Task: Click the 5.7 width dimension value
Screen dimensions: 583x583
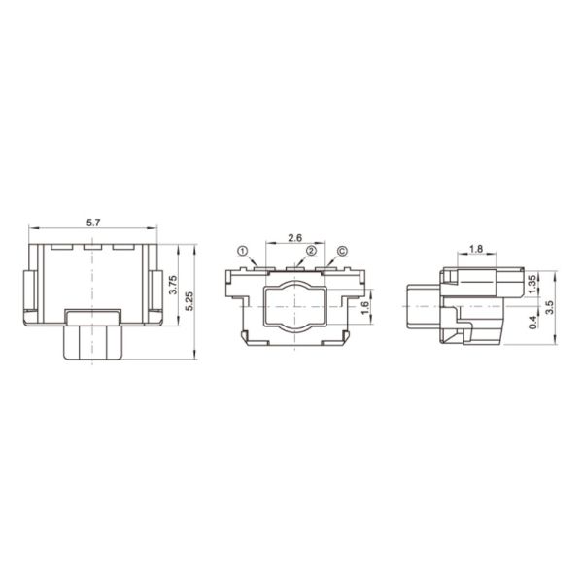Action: (93, 223)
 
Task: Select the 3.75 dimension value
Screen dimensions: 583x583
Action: (173, 285)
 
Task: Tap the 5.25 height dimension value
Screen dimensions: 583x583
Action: (189, 301)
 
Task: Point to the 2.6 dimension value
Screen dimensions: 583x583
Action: (294, 238)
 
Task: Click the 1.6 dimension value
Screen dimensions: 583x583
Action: (365, 307)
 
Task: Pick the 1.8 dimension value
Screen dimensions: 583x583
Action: (476, 249)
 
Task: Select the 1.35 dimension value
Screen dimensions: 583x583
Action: (532, 284)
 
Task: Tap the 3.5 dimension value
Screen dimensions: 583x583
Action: (550, 307)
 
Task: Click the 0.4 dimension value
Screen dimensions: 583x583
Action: (532, 322)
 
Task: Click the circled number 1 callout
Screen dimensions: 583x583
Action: (242, 252)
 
